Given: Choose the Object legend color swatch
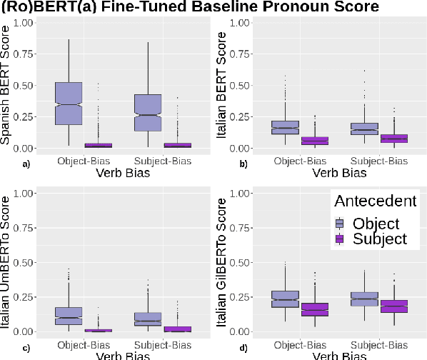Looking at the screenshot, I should (339, 224).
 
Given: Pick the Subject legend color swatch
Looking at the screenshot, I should (339, 239).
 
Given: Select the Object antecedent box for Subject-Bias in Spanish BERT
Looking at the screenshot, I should (148, 112).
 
